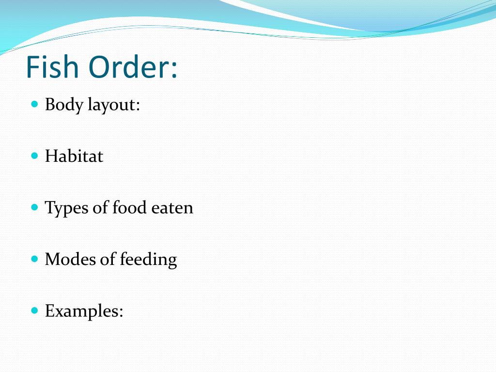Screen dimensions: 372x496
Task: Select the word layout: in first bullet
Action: [113, 105]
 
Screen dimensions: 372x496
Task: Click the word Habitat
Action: [74, 156]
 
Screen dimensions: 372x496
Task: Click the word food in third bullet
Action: [129, 208]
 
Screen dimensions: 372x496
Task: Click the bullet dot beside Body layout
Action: [34, 104]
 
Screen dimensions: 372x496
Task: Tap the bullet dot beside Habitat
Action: [34, 155]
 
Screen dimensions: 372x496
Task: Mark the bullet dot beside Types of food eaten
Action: [34, 207]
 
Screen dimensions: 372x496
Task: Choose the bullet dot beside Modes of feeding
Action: [34, 259]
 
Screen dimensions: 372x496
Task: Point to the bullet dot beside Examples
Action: [34, 310]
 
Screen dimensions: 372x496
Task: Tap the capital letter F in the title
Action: [32, 67]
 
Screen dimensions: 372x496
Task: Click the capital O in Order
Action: [99, 67]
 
